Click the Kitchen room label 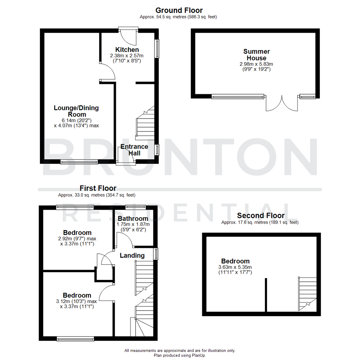click(x=127, y=50)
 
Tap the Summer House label click(x=256, y=55)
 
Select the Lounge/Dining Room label click(x=76, y=111)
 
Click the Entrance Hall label click(x=134, y=150)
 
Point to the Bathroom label click(x=133, y=218)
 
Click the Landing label click(x=132, y=256)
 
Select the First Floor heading click(x=98, y=188)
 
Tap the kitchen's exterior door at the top click(x=129, y=37)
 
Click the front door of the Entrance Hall click(x=126, y=157)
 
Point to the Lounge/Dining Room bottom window click(x=79, y=162)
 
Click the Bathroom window click(x=135, y=207)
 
